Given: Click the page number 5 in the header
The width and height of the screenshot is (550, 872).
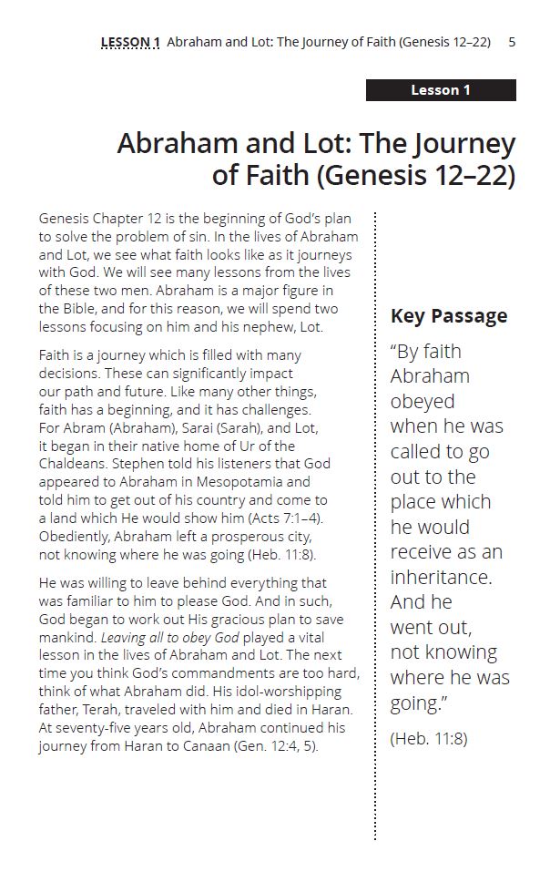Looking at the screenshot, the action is (513, 42).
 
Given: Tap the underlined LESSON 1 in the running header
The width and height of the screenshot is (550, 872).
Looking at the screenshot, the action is (130, 42).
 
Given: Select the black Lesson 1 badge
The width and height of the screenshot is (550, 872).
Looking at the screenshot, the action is (441, 90).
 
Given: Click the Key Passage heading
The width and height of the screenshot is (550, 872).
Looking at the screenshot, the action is (449, 316).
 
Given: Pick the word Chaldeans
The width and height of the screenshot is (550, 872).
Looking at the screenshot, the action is (77, 464).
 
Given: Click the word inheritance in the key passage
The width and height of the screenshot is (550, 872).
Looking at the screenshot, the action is (441, 577).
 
